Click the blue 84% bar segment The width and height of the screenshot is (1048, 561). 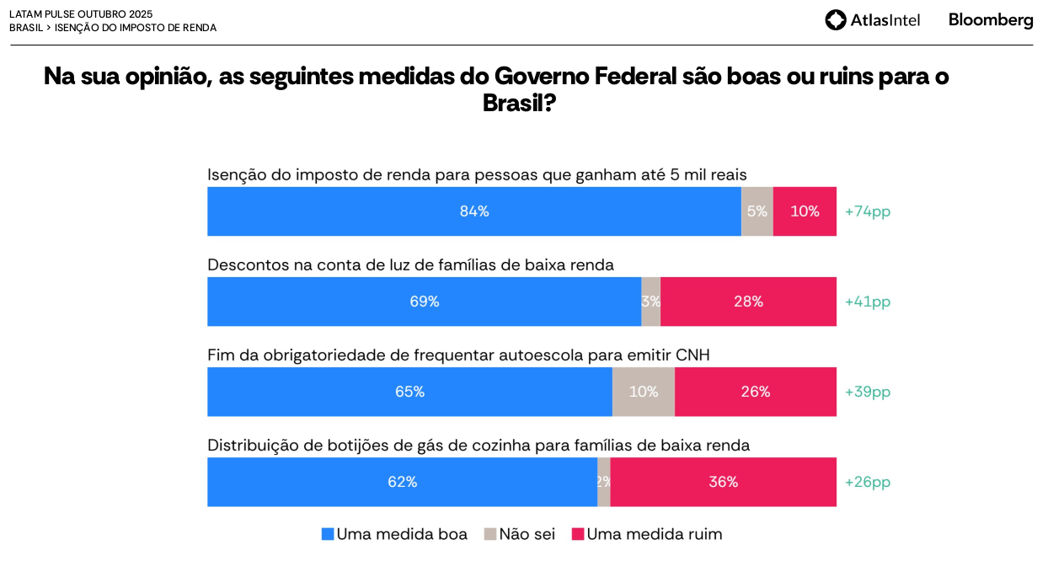pyautogui.click(x=474, y=211)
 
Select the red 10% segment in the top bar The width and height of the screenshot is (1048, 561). pyautogui.click(x=805, y=211)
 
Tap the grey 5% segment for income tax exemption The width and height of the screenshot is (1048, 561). pyautogui.click(x=757, y=211)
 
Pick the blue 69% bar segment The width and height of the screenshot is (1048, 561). pyautogui.click(x=425, y=302)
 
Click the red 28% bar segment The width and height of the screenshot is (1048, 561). pyautogui.click(x=748, y=302)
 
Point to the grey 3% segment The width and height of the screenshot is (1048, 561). pyautogui.click(x=650, y=302)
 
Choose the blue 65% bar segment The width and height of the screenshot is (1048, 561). pyautogui.click(x=409, y=392)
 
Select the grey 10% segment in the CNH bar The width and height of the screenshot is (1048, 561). pyautogui.click(x=644, y=392)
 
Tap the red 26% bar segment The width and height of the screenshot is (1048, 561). pyautogui.click(x=756, y=392)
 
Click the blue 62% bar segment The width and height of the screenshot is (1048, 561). pyautogui.click(x=402, y=482)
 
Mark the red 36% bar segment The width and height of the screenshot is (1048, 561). pyautogui.click(x=723, y=482)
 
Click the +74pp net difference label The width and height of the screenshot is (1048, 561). pyautogui.click(x=868, y=211)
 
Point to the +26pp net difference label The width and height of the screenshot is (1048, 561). pyautogui.click(x=868, y=482)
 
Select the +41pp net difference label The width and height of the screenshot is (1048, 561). pyautogui.click(x=868, y=302)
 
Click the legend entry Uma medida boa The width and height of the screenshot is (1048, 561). pyautogui.click(x=394, y=534)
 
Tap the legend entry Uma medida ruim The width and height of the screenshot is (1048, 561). pyautogui.click(x=646, y=534)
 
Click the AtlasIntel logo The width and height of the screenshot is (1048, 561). pyautogui.click(x=873, y=20)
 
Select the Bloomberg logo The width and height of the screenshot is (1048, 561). pyautogui.click(x=991, y=20)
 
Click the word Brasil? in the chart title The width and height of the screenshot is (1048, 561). pyautogui.click(x=519, y=103)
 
